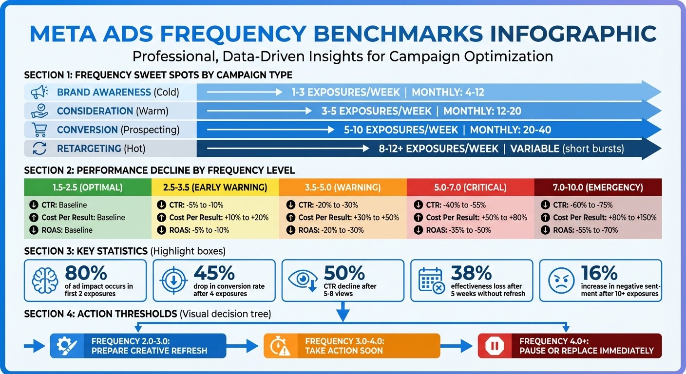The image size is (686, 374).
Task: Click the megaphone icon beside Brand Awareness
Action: [39, 92]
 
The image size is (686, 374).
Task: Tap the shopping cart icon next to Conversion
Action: [39, 130]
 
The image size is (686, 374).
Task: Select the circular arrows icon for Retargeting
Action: [39, 149]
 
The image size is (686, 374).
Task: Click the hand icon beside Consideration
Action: [39, 111]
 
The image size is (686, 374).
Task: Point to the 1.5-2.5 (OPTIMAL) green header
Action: [88, 187]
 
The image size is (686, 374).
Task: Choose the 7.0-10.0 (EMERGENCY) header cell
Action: [598, 187]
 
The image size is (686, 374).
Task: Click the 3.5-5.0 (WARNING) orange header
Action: [343, 187]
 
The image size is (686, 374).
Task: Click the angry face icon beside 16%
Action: [561, 280]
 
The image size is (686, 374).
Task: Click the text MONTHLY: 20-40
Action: [510, 130]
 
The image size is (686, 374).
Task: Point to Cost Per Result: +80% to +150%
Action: [605, 218]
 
